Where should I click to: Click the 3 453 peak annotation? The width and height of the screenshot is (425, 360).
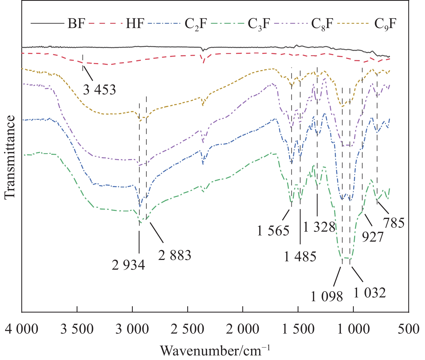(x=99, y=90)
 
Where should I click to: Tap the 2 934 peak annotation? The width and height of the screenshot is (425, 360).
(x=128, y=265)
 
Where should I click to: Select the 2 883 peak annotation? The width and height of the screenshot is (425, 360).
(x=175, y=255)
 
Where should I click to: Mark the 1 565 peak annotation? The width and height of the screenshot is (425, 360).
(x=273, y=231)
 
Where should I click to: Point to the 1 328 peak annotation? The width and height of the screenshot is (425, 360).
(x=319, y=227)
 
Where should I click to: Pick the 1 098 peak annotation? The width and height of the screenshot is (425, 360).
(x=327, y=297)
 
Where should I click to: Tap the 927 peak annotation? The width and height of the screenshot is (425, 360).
(x=373, y=237)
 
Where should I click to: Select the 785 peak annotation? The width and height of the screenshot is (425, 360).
(x=394, y=223)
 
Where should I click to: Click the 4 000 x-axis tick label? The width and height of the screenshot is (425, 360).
(x=22, y=330)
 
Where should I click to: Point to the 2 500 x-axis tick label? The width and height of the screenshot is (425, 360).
(x=188, y=330)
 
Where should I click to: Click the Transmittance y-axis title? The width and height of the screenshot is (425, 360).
(x=10, y=158)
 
